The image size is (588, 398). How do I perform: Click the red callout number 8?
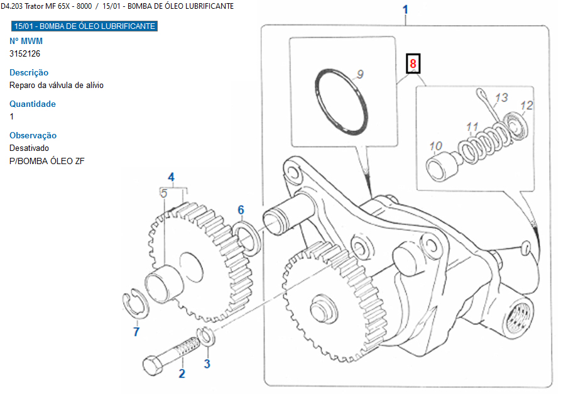[413, 64]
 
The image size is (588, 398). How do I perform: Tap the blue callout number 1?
[405, 10]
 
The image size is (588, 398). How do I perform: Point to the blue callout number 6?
[241, 210]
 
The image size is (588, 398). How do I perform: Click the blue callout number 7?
[136, 332]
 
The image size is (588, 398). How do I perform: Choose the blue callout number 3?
[207, 363]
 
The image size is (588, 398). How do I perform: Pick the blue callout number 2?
[182, 374]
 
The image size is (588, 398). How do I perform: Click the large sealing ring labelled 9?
[341, 101]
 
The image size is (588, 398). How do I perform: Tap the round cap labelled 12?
[516, 123]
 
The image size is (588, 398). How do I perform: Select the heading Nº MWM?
[26, 41]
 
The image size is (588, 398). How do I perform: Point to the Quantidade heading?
[33, 104]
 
